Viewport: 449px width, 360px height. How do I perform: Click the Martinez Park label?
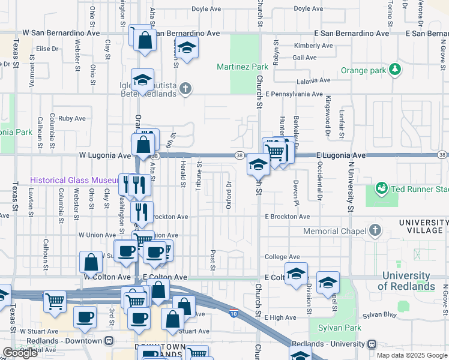coord(243,65)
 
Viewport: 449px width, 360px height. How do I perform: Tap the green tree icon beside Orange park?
coord(395,70)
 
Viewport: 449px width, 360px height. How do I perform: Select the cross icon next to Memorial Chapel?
coord(375,230)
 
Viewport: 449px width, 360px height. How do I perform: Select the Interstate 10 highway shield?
coord(234,313)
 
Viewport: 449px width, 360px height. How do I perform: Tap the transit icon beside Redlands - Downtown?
coord(109,341)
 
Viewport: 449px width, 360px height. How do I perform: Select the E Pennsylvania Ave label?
coord(295,94)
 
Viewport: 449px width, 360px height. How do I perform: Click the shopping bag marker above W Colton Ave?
coord(91,262)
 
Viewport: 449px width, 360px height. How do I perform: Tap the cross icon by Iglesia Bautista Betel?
coord(186,89)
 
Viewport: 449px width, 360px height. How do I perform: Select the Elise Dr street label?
coord(47,49)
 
